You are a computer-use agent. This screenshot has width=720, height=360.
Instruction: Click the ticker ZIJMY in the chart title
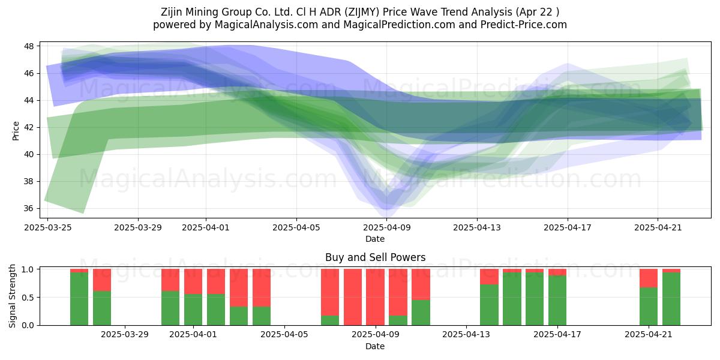(x=362, y=12)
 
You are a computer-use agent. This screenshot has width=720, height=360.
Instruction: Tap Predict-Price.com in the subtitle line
(x=524, y=25)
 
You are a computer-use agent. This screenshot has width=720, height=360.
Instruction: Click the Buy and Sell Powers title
(x=375, y=257)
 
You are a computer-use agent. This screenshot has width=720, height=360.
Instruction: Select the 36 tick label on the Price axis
(x=29, y=209)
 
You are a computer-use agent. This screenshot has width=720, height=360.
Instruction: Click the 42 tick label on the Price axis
(x=29, y=128)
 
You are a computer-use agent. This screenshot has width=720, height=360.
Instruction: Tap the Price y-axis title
(x=16, y=131)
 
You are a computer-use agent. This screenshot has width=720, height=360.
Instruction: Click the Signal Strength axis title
(x=12, y=296)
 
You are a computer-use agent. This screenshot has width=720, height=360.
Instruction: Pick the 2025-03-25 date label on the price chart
(x=48, y=227)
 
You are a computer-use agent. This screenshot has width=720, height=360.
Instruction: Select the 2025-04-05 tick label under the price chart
(x=296, y=227)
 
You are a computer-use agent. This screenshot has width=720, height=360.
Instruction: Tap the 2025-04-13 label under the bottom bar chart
(x=466, y=335)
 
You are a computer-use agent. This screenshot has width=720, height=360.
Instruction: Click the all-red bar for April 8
(x=353, y=297)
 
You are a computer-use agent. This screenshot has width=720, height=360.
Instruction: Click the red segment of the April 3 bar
(x=239, y=287)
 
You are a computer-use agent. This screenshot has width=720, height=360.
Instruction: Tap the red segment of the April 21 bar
(x=649, y=278)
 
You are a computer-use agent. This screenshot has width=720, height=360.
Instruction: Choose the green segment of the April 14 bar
(x=489, y=305)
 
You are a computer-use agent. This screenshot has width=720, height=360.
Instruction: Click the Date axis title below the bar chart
(x=375, y=346)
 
